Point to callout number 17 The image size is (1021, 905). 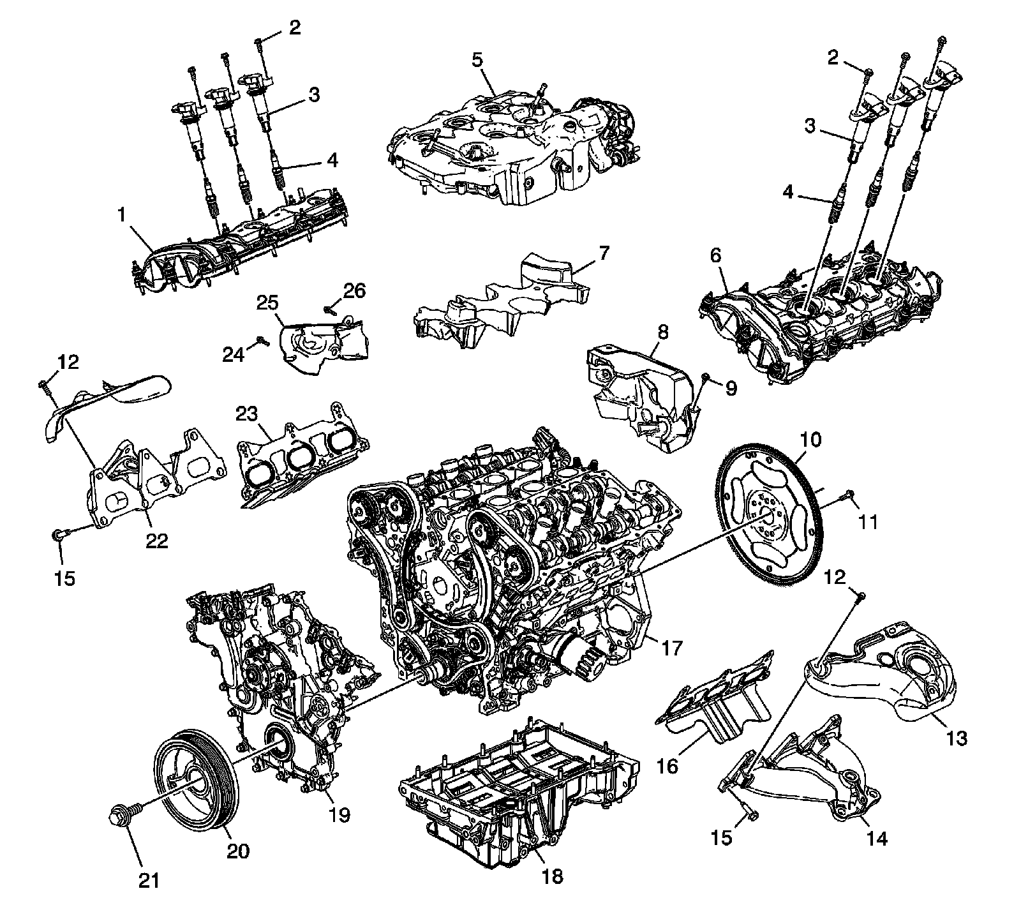click(674, 648)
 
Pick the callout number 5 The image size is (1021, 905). click(478, 61)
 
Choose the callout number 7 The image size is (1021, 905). click(604, 251)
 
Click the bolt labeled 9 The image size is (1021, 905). click(704, 381)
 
